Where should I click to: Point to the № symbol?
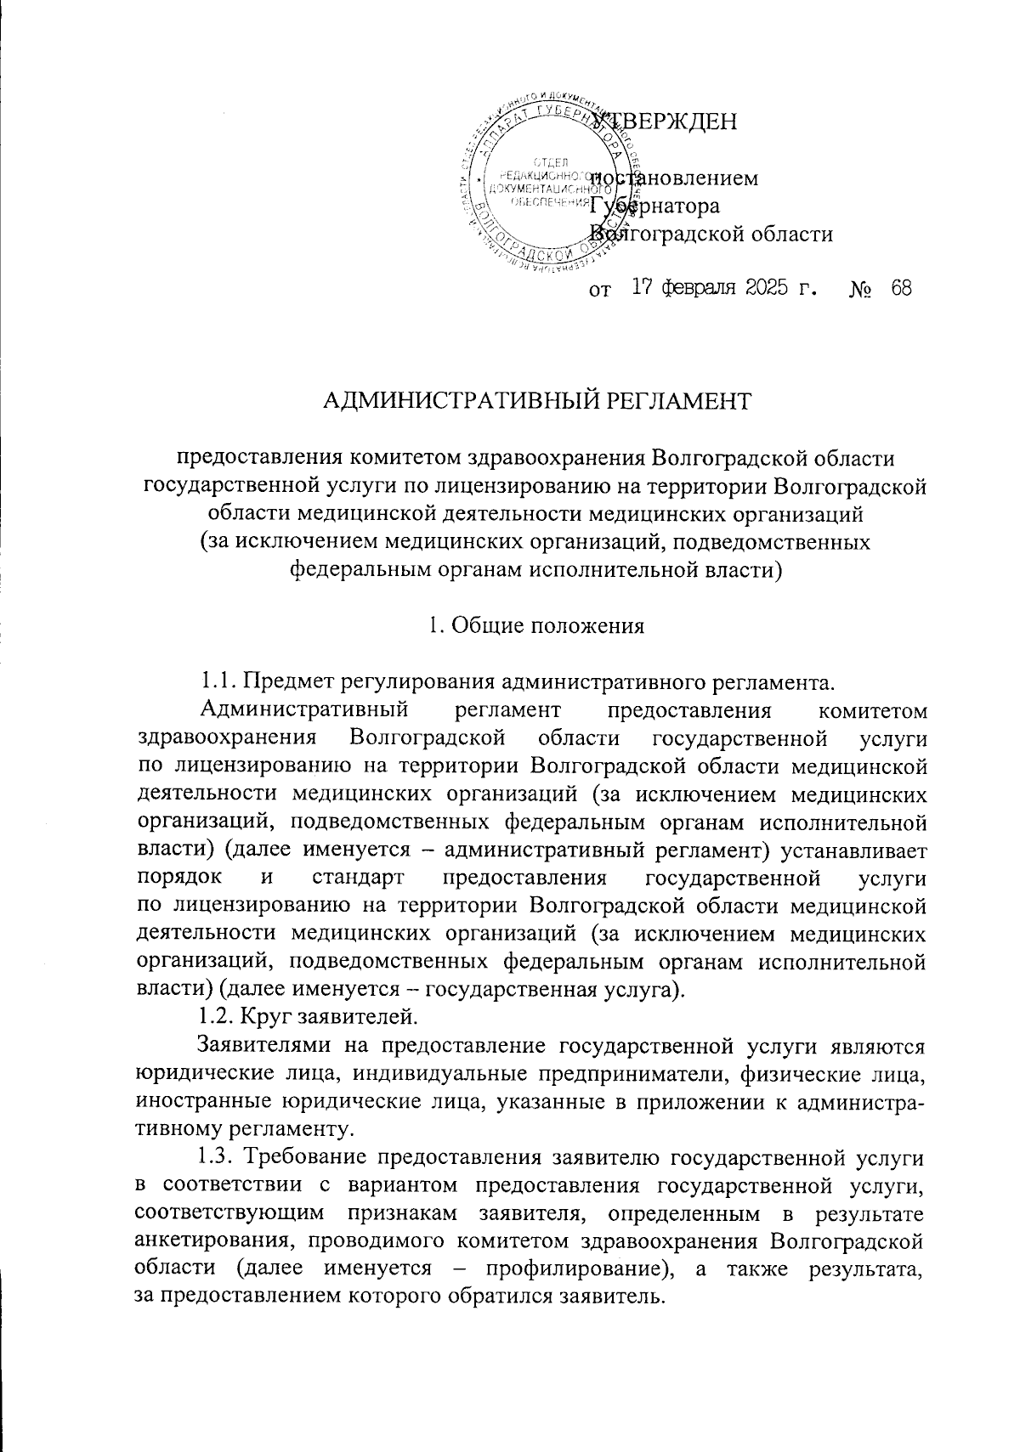[x=858, y=290]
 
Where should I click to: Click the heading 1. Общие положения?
[x=535, y=626]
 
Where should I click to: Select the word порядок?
[x=180, y=877]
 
